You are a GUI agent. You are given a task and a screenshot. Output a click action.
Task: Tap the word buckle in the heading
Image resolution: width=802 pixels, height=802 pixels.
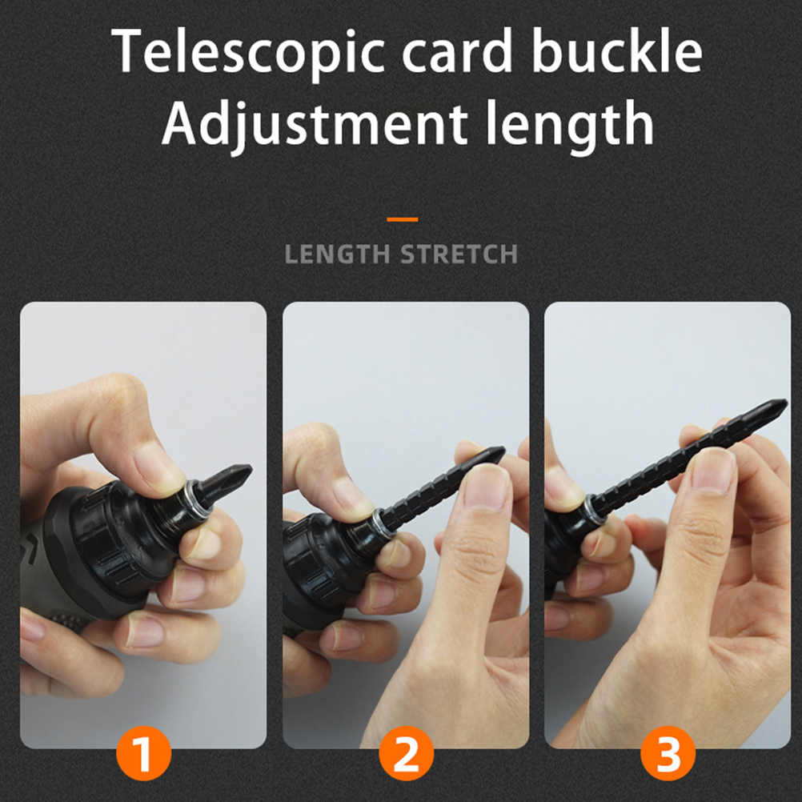(x=617, y=50)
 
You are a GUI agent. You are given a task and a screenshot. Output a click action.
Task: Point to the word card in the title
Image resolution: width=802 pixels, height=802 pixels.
(x=458, y=50)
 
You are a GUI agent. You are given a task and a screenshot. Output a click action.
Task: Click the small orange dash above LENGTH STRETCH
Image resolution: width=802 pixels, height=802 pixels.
(x=403, y=219)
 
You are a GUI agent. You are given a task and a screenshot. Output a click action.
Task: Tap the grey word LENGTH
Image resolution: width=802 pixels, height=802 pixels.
(x=337, y=255)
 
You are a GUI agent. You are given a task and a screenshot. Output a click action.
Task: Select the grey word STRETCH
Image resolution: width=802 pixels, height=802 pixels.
(x=459, y=255)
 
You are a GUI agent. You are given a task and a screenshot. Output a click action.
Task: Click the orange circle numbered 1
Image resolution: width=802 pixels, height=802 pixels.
(x=143, y=753)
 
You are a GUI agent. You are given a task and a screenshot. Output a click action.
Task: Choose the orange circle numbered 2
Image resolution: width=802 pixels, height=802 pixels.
(x=406, y=753)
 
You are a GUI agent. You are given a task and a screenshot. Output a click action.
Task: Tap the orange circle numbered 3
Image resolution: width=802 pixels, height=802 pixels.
(x=668, y=753)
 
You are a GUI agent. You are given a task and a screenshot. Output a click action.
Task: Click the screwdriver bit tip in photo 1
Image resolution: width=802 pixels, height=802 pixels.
(x=250, y=467)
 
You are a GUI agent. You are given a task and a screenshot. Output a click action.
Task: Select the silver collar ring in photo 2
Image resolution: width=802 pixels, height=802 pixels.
(x=382, y=523)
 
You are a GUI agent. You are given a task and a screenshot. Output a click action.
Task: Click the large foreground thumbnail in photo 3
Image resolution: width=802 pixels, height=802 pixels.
(x=713, y=470)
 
